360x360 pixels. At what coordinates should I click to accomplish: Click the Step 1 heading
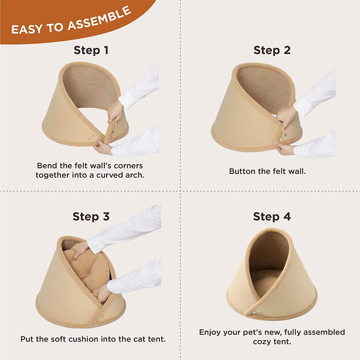pyautogui.click(x=91, y=50)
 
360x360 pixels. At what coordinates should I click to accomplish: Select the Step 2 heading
pyautogui.click(x=272, y=50)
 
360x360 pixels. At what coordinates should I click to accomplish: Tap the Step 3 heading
pyautogui.click(x=91, y=216)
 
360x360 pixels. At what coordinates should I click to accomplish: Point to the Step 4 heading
pyautogui.click(x=272, y=216)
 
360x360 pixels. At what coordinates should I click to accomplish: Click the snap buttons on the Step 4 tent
pyautogui.click(x=256, y=312)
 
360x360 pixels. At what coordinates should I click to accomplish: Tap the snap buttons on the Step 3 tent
pyautogui.click(x=100, y=318)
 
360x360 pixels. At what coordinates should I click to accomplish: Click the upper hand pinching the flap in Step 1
pyautogui.click(x=115, y=112)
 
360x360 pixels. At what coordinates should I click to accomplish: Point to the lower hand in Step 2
pyautogui.click(x=285, y=148)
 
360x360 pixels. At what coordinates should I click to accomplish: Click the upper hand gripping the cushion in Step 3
pyautogui.click(x=80, y=249)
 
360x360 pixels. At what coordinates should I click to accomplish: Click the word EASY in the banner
pyautogui.click(x=27, y=29)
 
